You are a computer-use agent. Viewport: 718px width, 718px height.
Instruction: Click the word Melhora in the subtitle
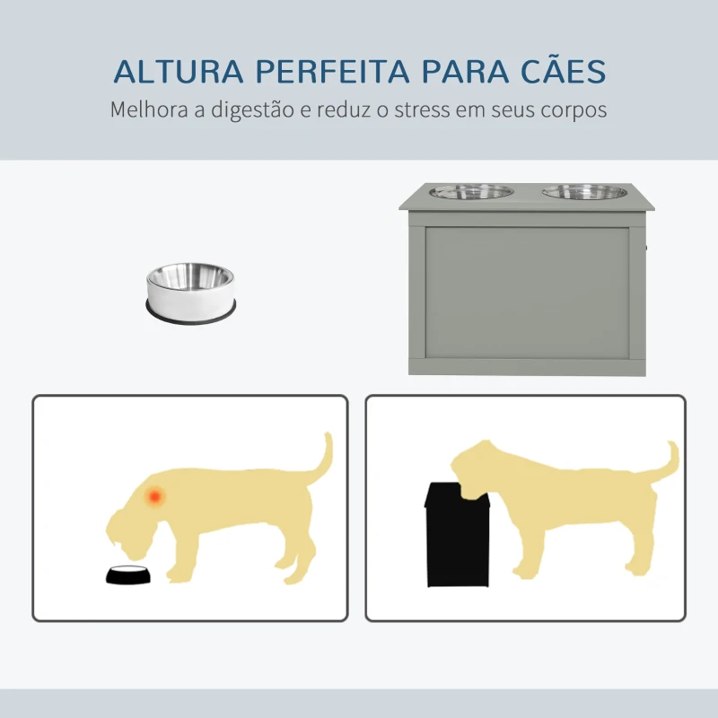pyautogui.click(x=144, y=110)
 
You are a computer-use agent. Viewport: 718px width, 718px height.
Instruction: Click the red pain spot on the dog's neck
pyautogui.click(x=155, y=495)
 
